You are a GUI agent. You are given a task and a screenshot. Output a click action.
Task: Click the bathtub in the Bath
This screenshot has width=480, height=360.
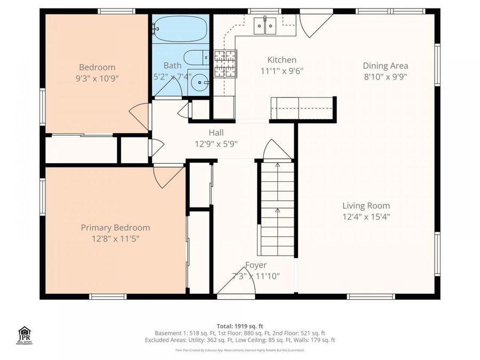(x=180, y=29)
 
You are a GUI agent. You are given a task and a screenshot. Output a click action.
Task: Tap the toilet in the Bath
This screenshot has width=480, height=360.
(x=196, y=57)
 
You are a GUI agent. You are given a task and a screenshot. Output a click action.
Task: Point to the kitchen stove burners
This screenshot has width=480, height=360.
(x=225, y=64)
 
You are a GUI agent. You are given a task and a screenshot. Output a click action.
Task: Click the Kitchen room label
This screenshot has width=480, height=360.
(x=282, y=60)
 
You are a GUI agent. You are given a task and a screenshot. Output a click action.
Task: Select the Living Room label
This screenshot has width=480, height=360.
(x=366, y=206)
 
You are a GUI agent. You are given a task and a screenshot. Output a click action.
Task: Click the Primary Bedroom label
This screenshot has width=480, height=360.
(x=115, y=228)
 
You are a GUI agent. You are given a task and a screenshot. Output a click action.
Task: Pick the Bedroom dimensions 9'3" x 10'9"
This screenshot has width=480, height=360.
(x=97, y=78)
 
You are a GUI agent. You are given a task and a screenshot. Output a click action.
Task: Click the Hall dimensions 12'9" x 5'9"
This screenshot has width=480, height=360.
(x=216, y=143)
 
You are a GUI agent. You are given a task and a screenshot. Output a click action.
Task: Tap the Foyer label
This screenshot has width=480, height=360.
(x=255, y=265)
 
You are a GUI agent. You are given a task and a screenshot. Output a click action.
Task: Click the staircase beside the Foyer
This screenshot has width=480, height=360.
(x=277, y=208)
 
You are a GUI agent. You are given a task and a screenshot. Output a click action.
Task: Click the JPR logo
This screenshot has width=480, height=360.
(x=25, y=335)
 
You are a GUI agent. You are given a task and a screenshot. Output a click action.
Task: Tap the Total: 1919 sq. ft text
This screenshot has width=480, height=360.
(x=239, y=326)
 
